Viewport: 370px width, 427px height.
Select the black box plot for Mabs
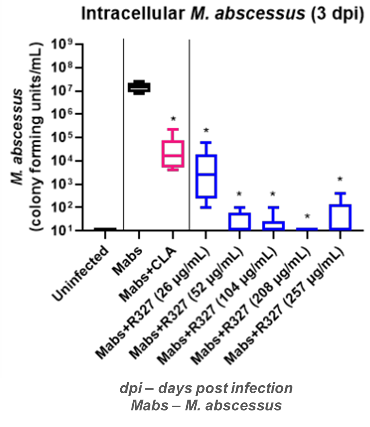tap(139, 87)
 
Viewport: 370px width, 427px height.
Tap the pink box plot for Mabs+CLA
tap(173, 153)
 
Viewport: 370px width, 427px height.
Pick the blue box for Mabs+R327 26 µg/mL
tap(206, 176)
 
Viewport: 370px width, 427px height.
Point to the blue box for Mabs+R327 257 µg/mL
tap(340, 217)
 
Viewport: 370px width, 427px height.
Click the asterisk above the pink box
tap(173, 119)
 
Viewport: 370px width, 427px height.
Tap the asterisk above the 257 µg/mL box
tap(340, 179)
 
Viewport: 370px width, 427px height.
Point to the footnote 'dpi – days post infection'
tap(206, 388)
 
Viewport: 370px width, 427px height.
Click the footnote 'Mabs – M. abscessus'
tap(206, 405)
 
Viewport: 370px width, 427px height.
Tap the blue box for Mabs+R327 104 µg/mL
tap(273, 225)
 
